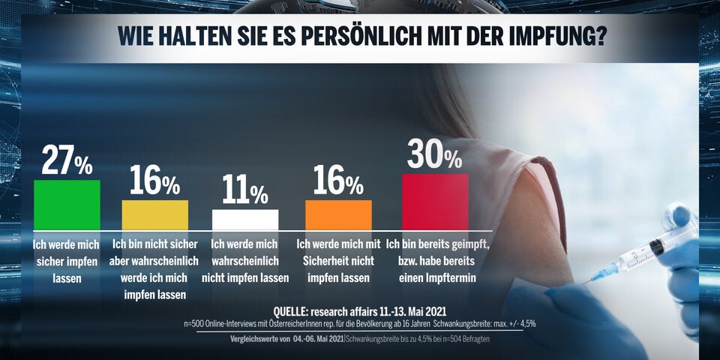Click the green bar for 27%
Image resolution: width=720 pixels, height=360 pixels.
(67, 204)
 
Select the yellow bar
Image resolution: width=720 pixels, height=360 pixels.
(155, 214)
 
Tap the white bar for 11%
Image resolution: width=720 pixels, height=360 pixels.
(245, 219)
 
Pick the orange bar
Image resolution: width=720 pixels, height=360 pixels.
(338, 214)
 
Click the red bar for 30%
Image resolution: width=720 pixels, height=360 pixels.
(435, 201)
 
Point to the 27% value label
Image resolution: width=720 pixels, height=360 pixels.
(67, 160)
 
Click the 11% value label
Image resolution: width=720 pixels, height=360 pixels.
(245, 192)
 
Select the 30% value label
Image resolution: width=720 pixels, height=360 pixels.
(435, 155)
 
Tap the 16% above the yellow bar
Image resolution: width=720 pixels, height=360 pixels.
(155, 181)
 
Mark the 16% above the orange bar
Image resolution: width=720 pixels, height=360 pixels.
(338, 181)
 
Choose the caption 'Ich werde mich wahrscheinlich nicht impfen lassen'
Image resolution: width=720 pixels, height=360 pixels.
(245, 261)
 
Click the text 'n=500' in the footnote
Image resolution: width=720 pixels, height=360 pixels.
(194, 324)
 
